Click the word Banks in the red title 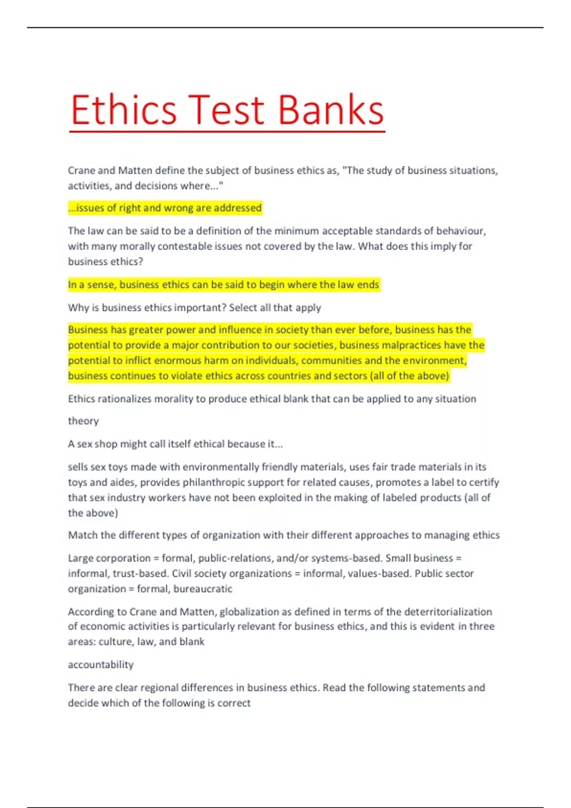coord(330,110)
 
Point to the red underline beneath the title coord(227,131)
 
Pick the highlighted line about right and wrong coord(165,208)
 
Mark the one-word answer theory coord(83,421)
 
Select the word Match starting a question coord(82,535)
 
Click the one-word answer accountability coord(100,664)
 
